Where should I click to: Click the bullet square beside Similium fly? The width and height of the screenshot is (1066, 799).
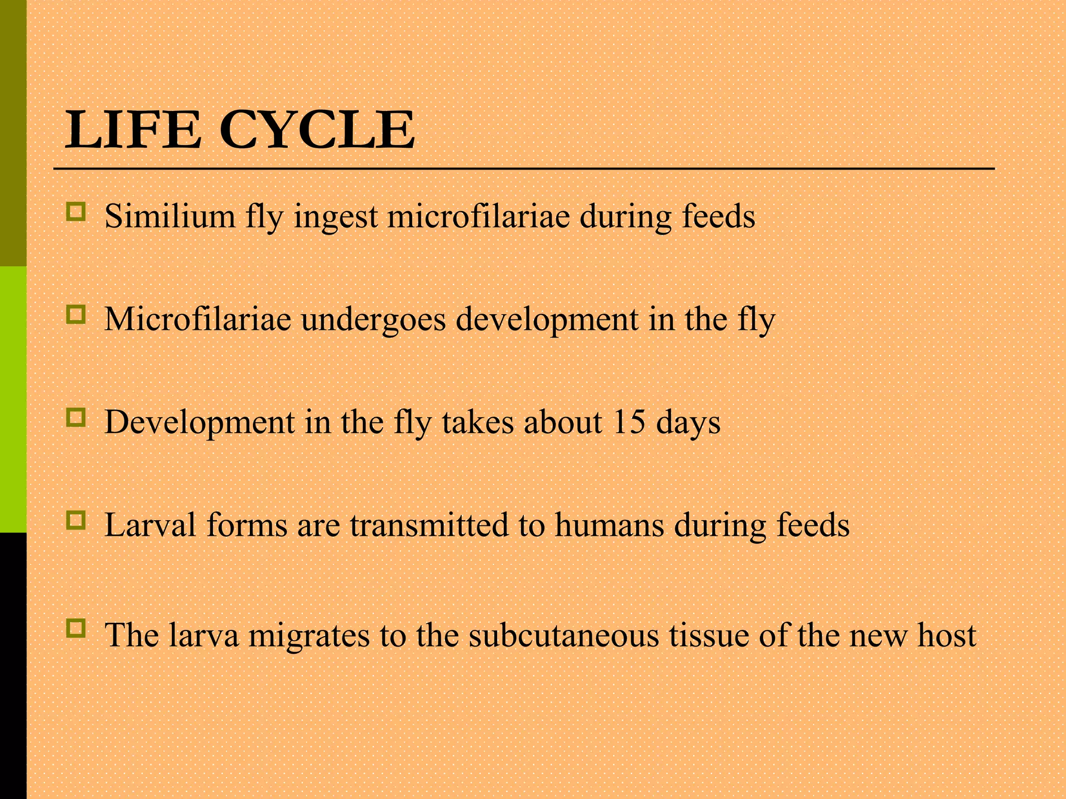click(76, 212)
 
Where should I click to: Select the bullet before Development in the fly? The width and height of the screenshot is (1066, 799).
click(76, 418)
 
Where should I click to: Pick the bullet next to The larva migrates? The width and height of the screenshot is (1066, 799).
click(76, 629)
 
